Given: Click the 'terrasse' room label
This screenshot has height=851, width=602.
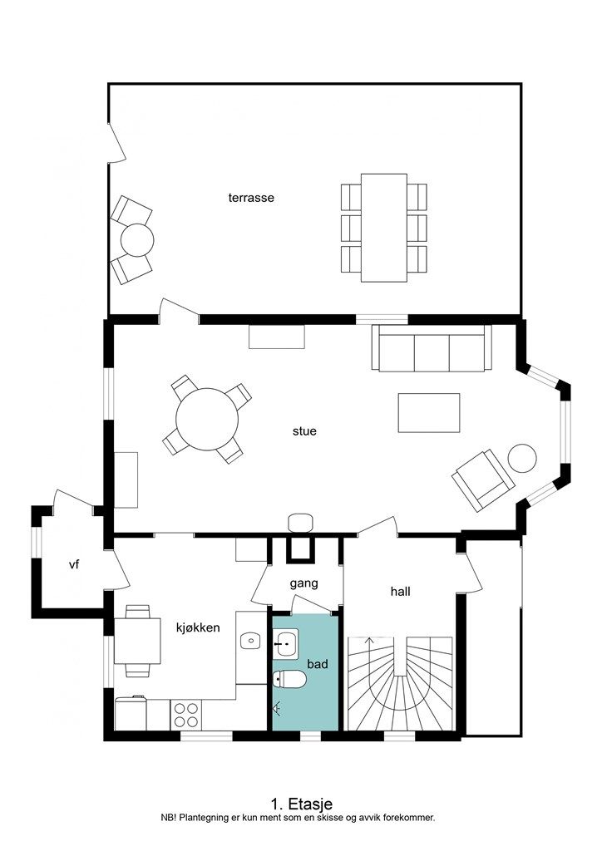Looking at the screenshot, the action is tap(251, 198).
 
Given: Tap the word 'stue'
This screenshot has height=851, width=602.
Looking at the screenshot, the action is tap(304, 431).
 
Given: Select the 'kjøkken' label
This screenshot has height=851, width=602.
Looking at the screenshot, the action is tap(198, 628).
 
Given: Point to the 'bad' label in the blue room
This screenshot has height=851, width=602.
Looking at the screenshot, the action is tap(318, 664).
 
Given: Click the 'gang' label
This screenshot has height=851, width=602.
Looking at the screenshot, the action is tap(304, 584).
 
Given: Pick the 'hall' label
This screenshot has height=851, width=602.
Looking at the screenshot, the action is tap(401, 592).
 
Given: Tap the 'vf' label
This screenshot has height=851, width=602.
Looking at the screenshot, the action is tap(74, 565).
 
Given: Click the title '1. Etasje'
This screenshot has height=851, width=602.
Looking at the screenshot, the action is tap(301, 804).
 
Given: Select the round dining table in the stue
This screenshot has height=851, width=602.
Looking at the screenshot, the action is tap(207, 419).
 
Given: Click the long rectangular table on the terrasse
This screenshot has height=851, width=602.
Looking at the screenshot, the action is tap(384, 228).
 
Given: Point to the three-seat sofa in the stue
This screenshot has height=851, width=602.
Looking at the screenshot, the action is tap(432, 348).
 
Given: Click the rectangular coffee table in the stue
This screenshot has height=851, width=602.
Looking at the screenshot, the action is tap(429, 413).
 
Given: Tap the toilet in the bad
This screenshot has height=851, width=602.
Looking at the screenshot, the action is tap(290, 679).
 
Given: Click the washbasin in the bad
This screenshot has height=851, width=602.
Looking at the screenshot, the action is tap(285, 644).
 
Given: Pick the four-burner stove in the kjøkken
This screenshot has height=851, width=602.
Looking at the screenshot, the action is tap(185, 715).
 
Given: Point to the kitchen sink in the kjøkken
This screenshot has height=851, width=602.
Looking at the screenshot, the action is tap(250, 641).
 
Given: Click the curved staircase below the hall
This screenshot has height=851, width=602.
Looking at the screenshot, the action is tap(399, 684).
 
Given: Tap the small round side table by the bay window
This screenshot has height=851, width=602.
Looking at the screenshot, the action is tap(522, 458).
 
